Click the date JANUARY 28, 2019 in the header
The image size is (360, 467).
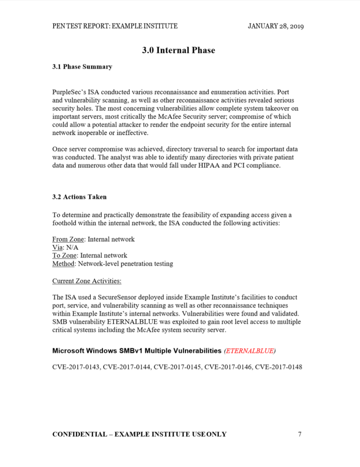point(276,26)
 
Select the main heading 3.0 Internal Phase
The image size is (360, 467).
point(178,50)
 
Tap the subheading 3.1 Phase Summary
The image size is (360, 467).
point(82,67)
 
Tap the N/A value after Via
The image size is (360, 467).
point(72,247)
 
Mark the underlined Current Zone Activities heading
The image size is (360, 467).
point(87,280)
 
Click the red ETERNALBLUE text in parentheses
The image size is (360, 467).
point(250,351)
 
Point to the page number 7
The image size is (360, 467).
point(299,434)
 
